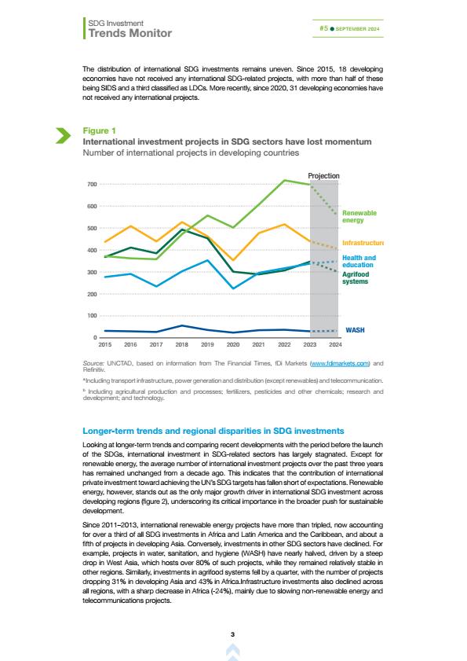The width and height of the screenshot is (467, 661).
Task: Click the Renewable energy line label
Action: (x=359, y=217)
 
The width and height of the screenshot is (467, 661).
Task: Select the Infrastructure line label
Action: (x=363, y=243)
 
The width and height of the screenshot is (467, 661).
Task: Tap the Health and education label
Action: (x=359, y=262)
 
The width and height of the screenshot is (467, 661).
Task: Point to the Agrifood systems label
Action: (x=356, y=277)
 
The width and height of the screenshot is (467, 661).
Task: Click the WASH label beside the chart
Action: (x=355, y=330)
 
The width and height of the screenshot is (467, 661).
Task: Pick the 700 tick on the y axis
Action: (x=92, y=184)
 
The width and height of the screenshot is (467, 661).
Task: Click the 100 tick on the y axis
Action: (x=92, y=316)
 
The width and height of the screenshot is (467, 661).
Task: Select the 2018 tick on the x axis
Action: (x=181, y=344)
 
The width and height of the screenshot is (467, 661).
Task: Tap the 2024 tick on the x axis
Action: (x=335, y=344)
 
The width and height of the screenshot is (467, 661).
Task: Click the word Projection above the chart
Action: (x=323, y=176)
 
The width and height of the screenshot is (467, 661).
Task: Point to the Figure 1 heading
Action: (x=100, y=130)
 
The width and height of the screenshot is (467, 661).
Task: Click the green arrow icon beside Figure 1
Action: (x=63, y=135)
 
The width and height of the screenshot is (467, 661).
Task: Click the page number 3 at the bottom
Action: (x=233, y=634)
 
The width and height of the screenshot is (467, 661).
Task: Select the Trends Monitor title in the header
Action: (x=130, y=33)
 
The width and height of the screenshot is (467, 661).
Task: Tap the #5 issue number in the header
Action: (x=323, y=28)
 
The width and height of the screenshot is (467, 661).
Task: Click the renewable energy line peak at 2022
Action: (x=285, y=181)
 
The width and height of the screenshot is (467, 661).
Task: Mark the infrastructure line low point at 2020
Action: (x=233, y=259)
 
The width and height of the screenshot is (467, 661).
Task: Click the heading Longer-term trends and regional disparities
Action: (x=213, y=431)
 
